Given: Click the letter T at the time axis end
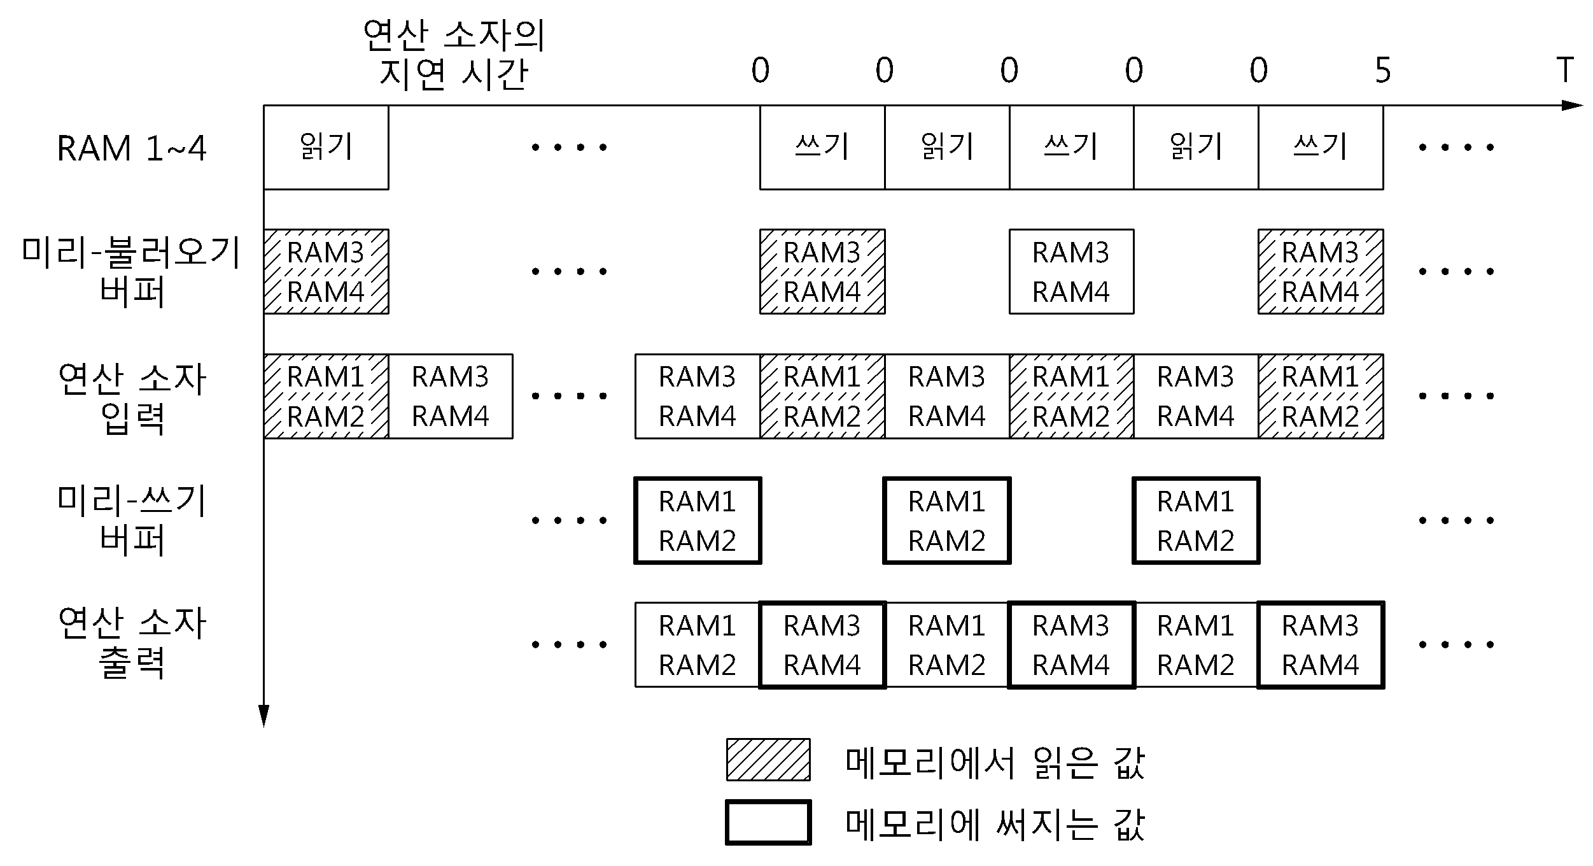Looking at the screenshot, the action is [x=1564, y=70].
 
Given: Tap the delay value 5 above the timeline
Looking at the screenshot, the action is [x=1383, y=70].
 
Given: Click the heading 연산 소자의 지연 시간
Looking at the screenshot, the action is [x=454, y=54].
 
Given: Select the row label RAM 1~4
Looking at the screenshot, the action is [x=132, y=148].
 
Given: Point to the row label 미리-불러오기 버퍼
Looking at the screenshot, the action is [x=132, y=271].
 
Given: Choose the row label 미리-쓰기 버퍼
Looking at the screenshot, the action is [x=132, y=520].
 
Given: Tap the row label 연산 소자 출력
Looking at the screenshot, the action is [x=132, y=643].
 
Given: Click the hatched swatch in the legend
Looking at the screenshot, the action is [x=768, y=760].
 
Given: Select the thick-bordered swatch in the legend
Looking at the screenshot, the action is [x=768, y=823].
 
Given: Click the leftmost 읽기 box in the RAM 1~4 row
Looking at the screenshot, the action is [x=326, y=147].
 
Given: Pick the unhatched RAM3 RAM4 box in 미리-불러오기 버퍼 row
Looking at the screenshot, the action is [x=1071, y=271].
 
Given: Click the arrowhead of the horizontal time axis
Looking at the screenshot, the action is [x=1572, y=105].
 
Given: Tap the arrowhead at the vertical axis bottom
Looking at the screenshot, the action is [x=263, y=716].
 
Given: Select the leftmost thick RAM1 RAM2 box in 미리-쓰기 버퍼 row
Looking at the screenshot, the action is [x=698, y=520].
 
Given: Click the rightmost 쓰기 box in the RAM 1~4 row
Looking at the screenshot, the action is [x=1321, y=147].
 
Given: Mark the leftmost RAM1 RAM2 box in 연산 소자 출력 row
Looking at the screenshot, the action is [x=698, y=644].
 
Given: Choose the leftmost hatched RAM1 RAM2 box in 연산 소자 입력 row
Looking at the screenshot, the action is [x=326, y=396].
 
